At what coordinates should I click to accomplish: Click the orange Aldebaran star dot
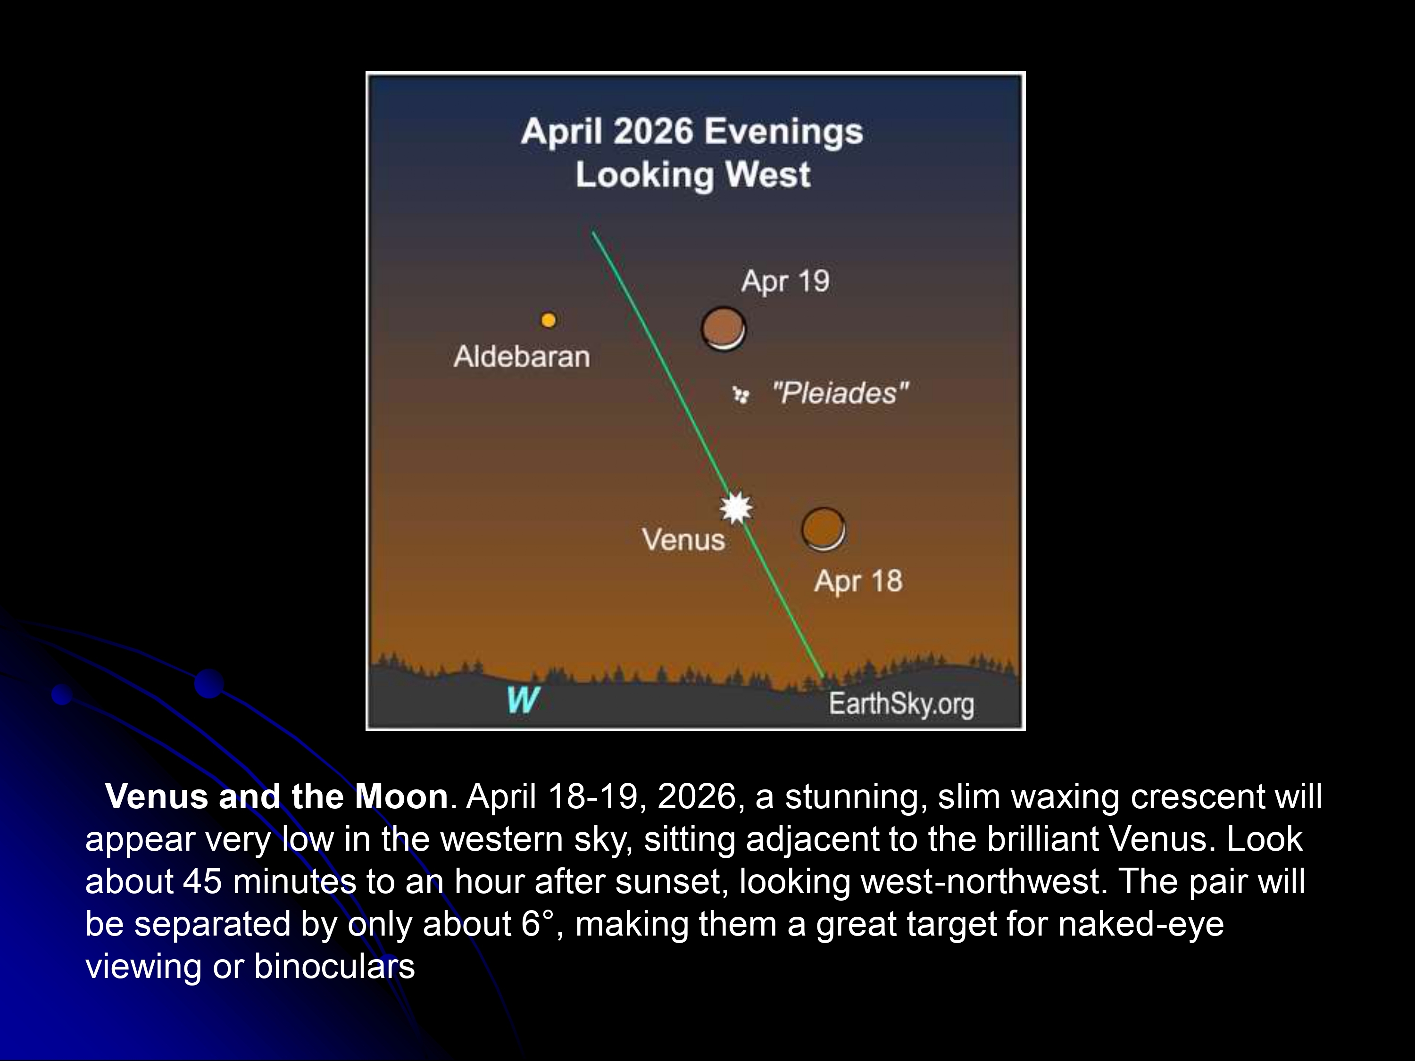coord(548,320)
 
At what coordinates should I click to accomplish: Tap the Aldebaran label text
coord(521,356)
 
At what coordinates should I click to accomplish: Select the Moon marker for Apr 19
coord(724,329)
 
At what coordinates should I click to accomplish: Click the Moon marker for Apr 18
coord(823,530)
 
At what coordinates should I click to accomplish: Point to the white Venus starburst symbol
coord(736,508)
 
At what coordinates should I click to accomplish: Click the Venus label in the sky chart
coord(683,539)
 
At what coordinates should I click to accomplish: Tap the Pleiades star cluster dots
coord(741,395)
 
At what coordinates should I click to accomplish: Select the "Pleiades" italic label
coord(841,393)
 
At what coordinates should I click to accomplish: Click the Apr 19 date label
coord(785,281)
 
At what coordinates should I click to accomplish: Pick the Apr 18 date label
coord(858,580)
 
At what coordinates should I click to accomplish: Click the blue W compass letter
coord(523,700)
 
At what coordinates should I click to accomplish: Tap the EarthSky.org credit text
coord(901,704)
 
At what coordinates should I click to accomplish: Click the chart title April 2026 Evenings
coord(692,132)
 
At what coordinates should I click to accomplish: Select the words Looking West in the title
coord(693,174)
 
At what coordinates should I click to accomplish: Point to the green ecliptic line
coord(707,454)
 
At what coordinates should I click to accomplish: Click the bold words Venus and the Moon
coord(276,796)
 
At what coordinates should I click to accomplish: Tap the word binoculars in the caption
coord(334,966)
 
